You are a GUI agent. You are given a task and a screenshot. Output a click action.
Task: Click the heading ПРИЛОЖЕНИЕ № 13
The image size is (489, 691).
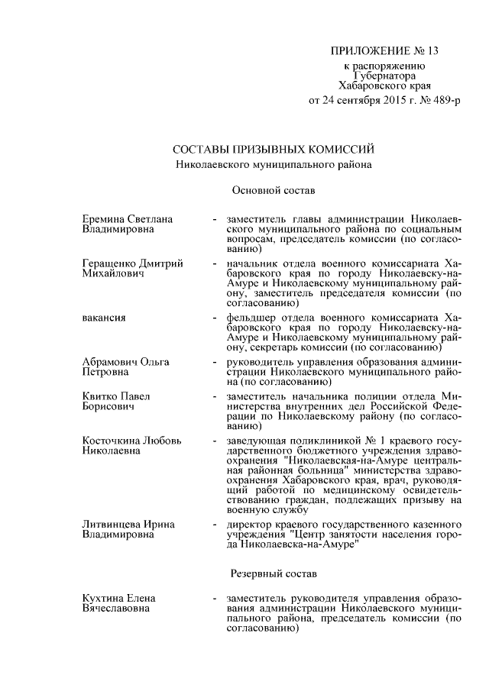tap(385, 52)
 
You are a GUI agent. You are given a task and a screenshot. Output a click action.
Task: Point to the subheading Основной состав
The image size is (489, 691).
tap(273, 188)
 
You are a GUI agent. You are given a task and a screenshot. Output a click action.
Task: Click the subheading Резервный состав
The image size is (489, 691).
tap(273, 572)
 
